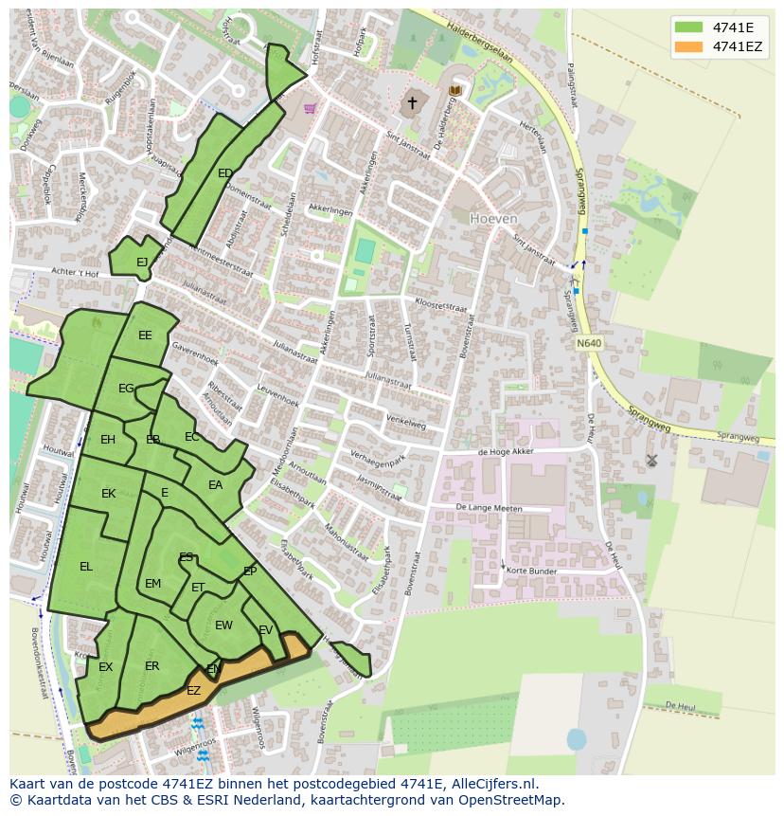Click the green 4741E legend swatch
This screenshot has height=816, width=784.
point(689,27)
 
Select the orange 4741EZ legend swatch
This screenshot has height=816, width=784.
point(689,46)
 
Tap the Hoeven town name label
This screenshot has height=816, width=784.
point(494,218)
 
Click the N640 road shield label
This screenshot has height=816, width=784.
point(588,343)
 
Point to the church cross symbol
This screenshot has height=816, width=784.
point(412,102)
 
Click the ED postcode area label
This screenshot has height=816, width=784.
point(225,173)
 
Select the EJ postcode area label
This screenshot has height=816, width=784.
point(142,263)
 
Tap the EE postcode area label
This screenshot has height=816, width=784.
point(145,335)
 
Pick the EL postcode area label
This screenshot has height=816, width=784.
point(86,567)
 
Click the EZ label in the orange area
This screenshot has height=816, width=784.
point(193,691)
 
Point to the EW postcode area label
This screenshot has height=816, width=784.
point(223,626)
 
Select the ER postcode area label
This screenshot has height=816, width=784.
point(152,666)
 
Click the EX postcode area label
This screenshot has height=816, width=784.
point(105,667)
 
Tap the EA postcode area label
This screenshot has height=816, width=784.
point(215,485)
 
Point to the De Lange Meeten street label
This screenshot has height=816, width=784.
point(489,509)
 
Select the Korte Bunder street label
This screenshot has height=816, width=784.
point(531,571)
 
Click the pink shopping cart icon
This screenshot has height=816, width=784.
point(310,108)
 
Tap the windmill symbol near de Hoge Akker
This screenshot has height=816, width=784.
point(651,461)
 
